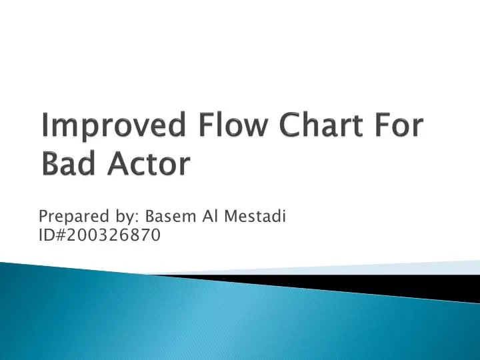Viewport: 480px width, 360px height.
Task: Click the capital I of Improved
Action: pos(45,127)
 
